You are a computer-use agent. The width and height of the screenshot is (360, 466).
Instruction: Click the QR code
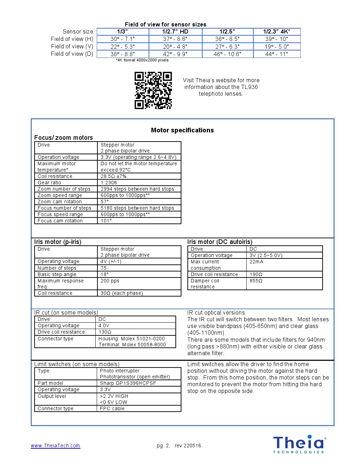pos(153,90)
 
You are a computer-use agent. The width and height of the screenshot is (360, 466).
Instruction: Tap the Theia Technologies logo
pos(299,444)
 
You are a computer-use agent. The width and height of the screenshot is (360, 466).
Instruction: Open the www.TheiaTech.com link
pos(55,446)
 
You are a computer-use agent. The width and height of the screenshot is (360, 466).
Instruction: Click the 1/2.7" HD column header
pos(175,32)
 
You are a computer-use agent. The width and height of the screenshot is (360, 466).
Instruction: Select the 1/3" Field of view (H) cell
pos(122,39)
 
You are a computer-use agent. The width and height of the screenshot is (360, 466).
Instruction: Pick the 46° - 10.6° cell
pos(227,54)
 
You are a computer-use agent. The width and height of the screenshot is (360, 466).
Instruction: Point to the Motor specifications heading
pos(182,130)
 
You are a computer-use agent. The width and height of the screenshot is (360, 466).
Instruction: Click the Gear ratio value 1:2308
pos(109,183)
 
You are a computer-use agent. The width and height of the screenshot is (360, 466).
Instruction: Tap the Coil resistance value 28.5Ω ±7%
pos(113,177)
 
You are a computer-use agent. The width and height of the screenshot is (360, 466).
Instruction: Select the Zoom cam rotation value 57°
pos(105,202)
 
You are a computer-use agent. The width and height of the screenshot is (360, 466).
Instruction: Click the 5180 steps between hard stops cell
pos(137,208)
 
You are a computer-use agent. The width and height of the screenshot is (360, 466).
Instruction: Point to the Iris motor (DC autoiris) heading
pos(220,242)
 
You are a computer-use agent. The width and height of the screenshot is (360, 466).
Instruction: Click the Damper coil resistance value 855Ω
pos(256,281)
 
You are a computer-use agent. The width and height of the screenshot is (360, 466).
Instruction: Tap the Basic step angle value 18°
pos(104,275)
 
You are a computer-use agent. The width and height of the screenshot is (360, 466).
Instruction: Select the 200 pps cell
pos(110,281)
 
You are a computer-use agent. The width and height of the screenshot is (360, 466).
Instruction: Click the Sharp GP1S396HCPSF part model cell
pos(128,383)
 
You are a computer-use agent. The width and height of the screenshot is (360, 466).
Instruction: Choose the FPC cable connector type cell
pos(112,409)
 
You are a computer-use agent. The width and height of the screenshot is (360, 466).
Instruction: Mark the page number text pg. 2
pos(163,446)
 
